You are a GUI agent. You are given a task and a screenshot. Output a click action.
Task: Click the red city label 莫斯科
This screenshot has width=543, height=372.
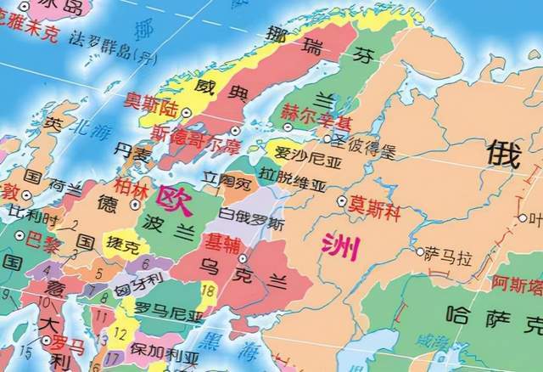(x=374, y=204)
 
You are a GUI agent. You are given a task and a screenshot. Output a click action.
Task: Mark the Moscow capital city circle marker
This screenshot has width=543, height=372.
(x=342, y=202)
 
